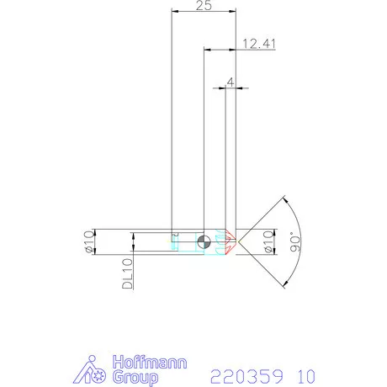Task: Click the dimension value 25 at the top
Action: pyautogui.click(x=202, y=5)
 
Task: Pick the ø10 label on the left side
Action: pyautogui.click(x=87, y=241)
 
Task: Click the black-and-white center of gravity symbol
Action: pyautogui.click(x=204, y=242)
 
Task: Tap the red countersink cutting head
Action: pyautogui.click(x=229, y=242)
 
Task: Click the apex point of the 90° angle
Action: pyautogui.click(x=239, y=242)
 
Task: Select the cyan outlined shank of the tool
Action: pyautogui.click(x=189, y=242)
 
